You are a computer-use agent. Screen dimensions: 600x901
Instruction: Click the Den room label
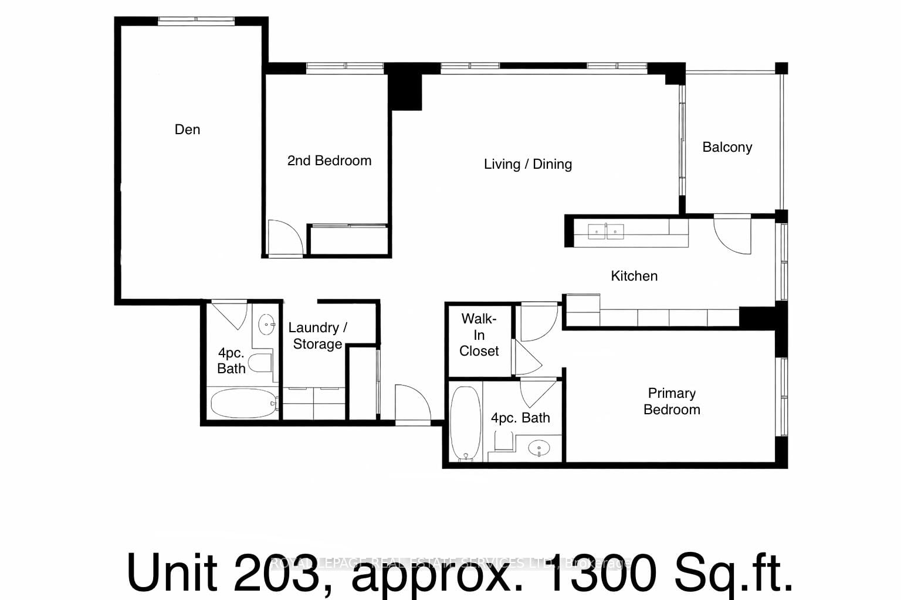point(187,129)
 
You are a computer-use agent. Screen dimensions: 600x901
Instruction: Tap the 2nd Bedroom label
point(329,161)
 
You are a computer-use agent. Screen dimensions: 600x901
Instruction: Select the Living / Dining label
point(527,164)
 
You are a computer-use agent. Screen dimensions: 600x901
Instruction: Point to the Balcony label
point(727,147)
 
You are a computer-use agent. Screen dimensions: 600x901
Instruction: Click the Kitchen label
point(634,276)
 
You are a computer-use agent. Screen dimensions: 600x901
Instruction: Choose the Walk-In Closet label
point(479,335)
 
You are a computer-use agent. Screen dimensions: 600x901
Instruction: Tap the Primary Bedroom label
point(672,401)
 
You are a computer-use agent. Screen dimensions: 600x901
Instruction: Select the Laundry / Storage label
point(317,336)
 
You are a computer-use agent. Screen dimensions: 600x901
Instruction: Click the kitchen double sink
point(606,231)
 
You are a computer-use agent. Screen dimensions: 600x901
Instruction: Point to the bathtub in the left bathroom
point(243,403)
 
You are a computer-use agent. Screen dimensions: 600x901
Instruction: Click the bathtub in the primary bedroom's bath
point(465,423)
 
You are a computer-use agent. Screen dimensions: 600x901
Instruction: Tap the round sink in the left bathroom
point(267,324)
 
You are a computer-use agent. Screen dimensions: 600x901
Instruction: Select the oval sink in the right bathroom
point(539,449)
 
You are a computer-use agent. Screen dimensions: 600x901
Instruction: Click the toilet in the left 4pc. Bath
point(260,363)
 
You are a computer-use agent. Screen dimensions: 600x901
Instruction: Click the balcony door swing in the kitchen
point(733,234)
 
